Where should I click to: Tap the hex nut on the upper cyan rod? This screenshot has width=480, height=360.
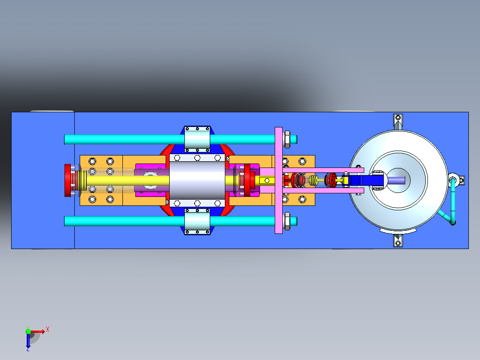point(287,139)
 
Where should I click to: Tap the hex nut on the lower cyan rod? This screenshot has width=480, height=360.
point(287,221)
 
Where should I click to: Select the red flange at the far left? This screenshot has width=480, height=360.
point(68,180)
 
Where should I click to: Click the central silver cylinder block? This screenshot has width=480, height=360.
point(197,180)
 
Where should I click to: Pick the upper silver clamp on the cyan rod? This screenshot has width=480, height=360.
point(197,139)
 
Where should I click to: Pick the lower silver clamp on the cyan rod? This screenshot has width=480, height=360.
point(197,221)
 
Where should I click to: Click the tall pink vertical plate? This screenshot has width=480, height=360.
point(279,180)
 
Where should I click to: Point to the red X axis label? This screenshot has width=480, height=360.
point(48,330)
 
